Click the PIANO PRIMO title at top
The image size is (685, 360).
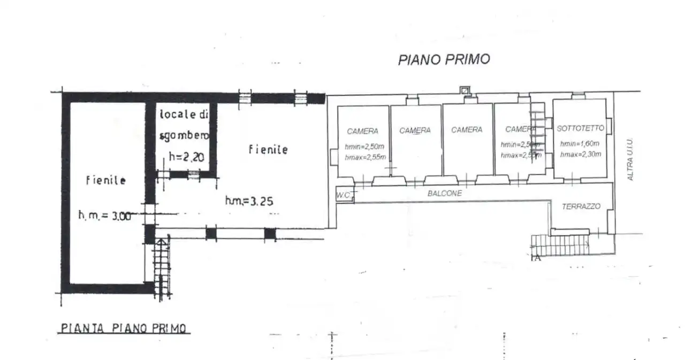point(444,59)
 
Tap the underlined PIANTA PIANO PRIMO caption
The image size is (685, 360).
point(124,328)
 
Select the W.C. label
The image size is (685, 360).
point(344,196)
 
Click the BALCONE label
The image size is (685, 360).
point(444,194)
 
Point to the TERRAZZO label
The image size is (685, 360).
point(581,206)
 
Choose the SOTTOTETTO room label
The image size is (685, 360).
point(580,128)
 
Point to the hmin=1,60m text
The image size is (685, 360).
point(580,144)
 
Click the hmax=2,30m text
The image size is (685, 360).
point(581,155)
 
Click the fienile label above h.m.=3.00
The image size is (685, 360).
point(105,181)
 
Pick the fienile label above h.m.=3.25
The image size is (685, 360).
point(268,150)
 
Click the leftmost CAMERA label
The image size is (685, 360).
point(362,131)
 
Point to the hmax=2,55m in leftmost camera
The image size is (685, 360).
point(366,157)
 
